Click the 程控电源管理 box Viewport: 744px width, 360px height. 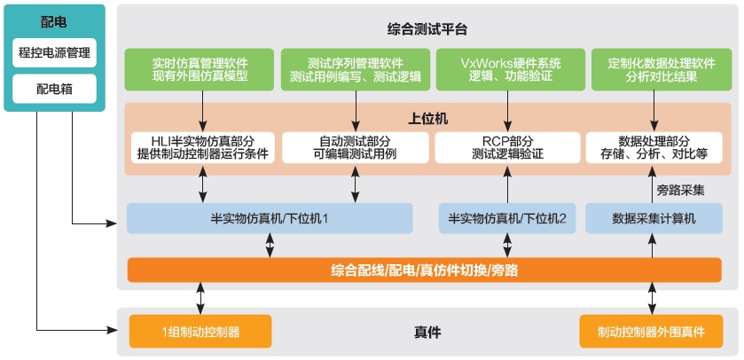(55, 52)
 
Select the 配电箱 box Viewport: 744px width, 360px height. (55, 89)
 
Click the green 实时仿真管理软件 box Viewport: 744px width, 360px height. (200, 69)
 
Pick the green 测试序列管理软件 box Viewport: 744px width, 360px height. (356, 69)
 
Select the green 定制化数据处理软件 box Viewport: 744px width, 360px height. (662, 69)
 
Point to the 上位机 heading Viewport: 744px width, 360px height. (427, 119)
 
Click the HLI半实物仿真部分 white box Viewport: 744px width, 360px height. (203, 147)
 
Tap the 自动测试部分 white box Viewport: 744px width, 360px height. (356, 147)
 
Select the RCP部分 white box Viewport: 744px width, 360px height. (507, 147)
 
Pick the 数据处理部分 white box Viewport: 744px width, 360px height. (654, 147)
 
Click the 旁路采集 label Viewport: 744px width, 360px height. (680, 191)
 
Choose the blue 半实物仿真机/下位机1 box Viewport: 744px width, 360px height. (270, 218)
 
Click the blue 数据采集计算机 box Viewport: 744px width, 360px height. (654, 218)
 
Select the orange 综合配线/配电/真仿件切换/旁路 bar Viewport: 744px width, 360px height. (424, 270)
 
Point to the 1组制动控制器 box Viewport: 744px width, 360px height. (200, 332)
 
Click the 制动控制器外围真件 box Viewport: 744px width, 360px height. (651, 332)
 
